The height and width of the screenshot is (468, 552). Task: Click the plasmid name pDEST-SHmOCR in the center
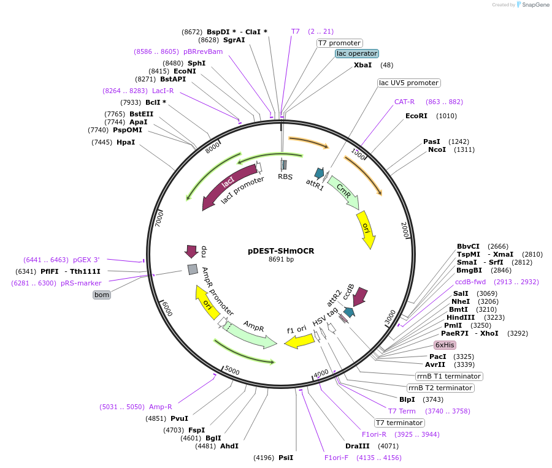click(x=281, y=251)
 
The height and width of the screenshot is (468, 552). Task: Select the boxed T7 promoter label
click(x=339, y=43)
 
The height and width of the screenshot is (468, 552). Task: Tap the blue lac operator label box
click(x=356, y=53)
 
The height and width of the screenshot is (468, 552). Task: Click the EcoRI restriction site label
click(x=416, y=116)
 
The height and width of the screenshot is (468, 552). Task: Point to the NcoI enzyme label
click(x=437, y=149)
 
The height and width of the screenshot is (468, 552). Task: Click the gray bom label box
click(x=101, y=295)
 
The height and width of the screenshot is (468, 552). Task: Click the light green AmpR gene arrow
click(x=252, y=334)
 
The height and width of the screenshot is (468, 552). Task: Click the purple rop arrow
click(x=191, y=251)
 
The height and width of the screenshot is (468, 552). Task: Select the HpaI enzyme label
click(x=125, y=142)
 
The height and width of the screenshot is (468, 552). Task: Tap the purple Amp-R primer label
click(x=160, y=407)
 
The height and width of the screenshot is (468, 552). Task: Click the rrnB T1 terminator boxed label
click(x=448, y=376)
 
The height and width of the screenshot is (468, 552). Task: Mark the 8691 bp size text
click(x=281, y=260)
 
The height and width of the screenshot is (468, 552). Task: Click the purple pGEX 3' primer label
click(x=86, y=260)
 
